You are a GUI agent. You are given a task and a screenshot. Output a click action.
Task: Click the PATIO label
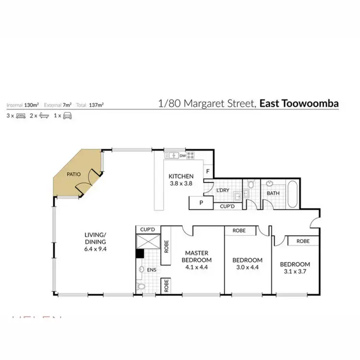point(73,174)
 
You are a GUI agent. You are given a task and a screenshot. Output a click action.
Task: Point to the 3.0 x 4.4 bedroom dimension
point(247,267)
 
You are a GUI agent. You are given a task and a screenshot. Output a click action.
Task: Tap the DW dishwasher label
point(183,155)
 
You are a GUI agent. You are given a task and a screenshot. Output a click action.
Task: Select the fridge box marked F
point(207,171)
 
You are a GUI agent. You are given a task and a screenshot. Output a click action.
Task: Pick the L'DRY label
point(223,191)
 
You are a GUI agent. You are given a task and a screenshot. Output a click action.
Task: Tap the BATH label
point(273,193)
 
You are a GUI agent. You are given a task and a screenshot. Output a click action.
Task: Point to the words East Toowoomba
point(299,103)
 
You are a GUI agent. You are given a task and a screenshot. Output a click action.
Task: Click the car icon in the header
point(68,116)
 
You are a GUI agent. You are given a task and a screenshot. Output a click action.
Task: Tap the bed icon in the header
point(21,116)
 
